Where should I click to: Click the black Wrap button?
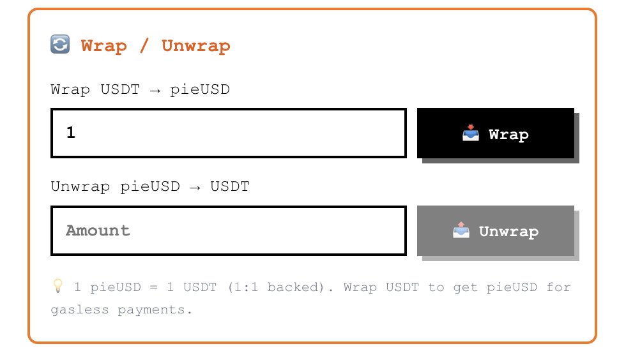[496, 133]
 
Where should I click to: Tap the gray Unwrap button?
[496, 230]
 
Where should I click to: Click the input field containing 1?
[229, 133]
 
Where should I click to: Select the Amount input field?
[229, 230]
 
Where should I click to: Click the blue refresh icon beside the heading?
[60, 44]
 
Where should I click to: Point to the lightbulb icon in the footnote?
[58, 286]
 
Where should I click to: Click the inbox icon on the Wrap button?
[471, 133]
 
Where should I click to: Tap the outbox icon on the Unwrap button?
[461, 230]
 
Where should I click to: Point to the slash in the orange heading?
[144, 45]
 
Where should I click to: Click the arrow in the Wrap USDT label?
[155, 91]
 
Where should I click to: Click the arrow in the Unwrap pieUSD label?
[195, 188]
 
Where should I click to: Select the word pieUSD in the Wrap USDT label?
[200, 90]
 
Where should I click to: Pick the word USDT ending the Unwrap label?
[230, 186]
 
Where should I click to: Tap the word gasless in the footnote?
[79, 310]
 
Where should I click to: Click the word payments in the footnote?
[151, 310]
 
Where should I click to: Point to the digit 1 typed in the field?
[71, 133]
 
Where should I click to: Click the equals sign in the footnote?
[154, 287]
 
